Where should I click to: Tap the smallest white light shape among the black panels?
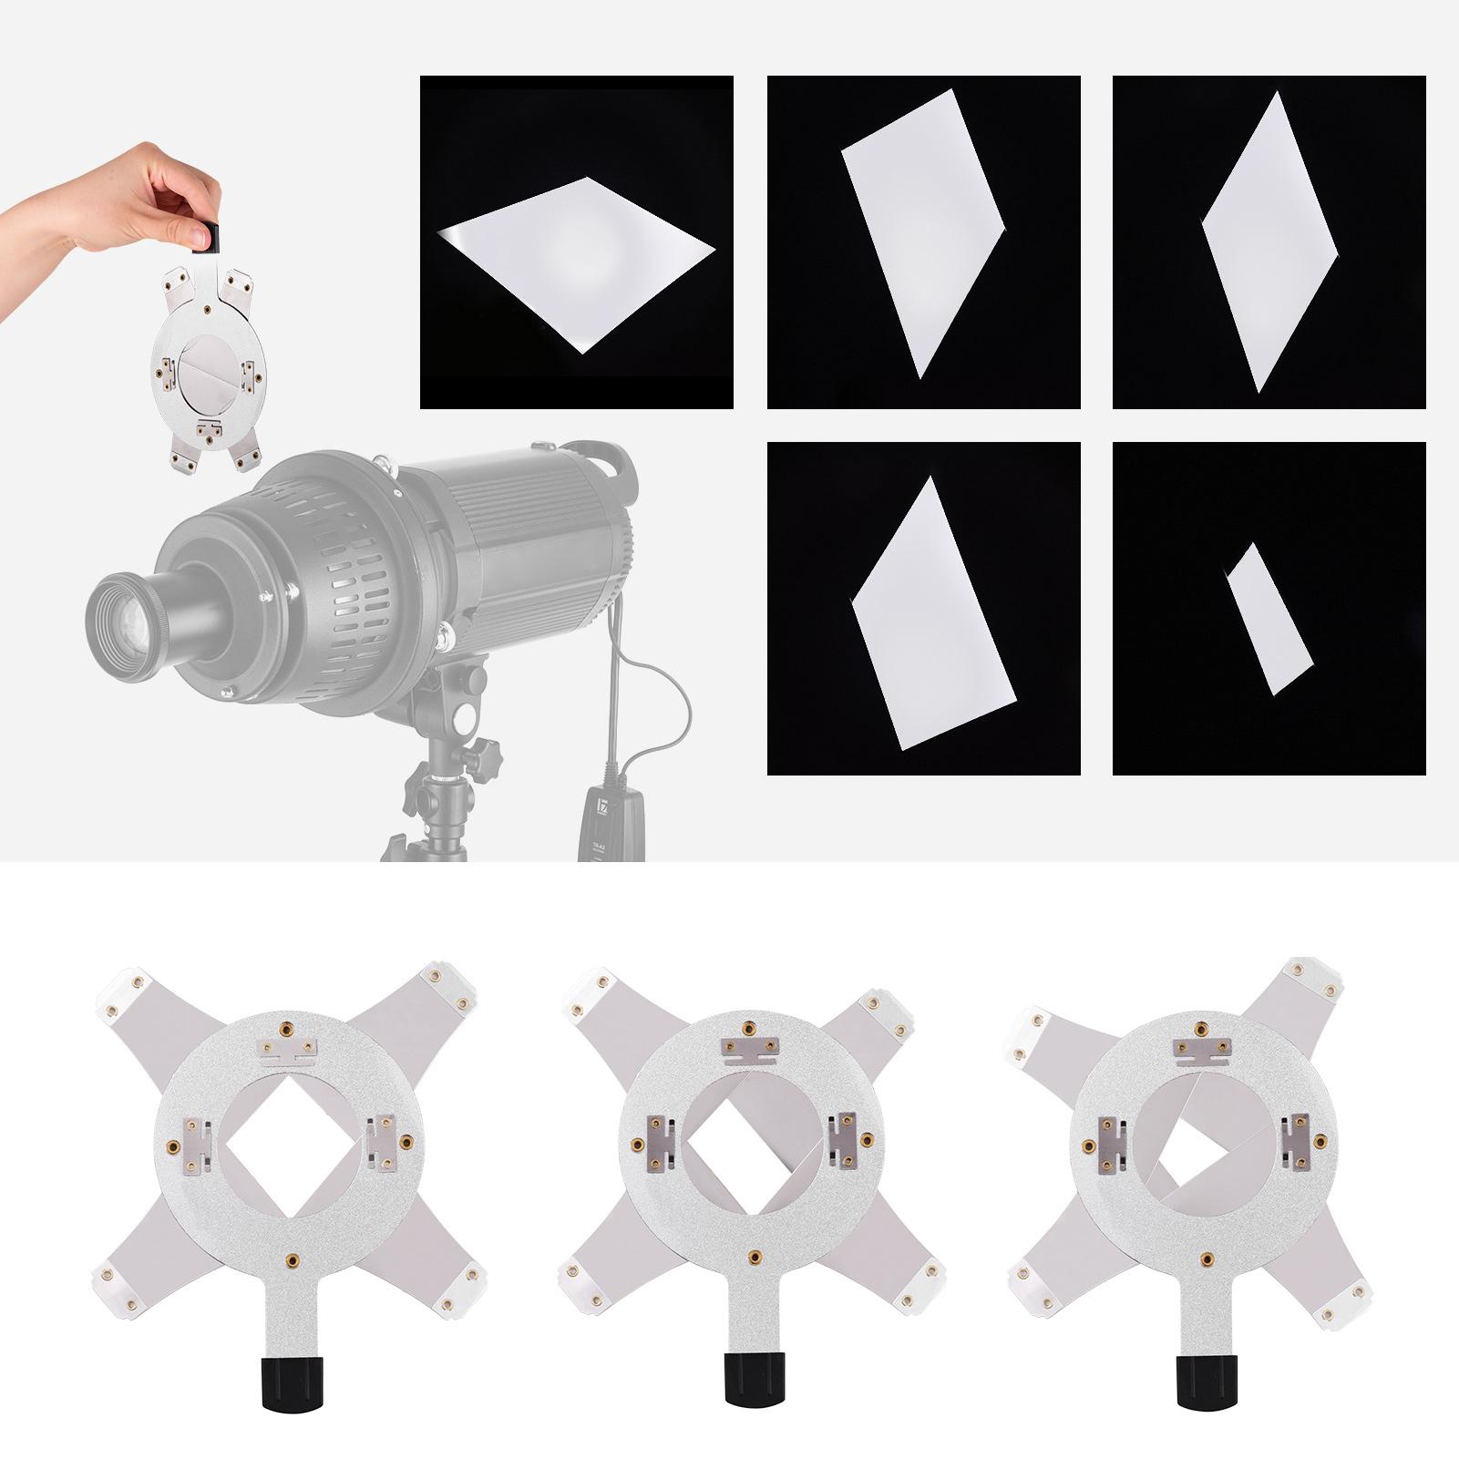tap(1269, 620)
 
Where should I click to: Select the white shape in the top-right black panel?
tap(1269, 241)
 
